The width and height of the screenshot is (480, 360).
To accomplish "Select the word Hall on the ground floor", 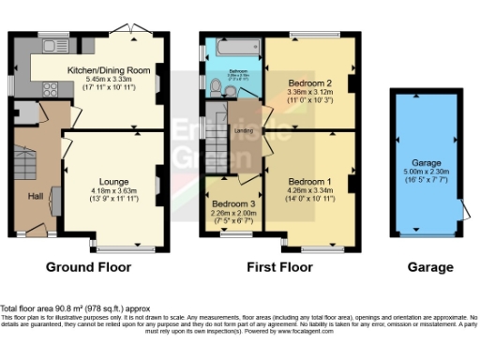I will click(35, 195).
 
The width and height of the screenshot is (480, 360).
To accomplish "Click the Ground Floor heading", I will click(89, 266).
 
